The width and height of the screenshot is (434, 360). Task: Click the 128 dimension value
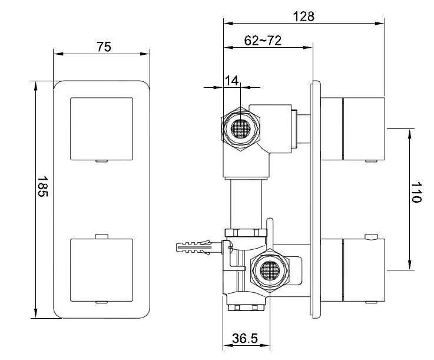304,16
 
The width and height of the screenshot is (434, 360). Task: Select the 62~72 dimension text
263,41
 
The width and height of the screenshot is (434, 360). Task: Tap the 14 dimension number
231,81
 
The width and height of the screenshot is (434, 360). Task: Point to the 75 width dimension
104,47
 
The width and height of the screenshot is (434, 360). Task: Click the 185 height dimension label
42,187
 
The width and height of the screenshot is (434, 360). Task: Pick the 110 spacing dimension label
416,193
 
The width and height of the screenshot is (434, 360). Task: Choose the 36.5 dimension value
245,338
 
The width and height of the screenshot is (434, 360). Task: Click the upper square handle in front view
101,129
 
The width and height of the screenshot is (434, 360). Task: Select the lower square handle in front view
101,270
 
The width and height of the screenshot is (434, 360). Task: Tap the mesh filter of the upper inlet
240,128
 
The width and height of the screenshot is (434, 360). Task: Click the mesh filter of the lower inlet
270,270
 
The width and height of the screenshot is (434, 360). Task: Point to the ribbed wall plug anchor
195,247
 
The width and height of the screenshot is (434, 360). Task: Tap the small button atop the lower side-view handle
371,236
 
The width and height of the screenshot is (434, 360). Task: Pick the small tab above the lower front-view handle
101,236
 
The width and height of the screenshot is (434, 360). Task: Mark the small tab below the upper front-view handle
101,161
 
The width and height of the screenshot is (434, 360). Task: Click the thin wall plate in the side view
315,199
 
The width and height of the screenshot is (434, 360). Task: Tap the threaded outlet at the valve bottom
246,307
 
